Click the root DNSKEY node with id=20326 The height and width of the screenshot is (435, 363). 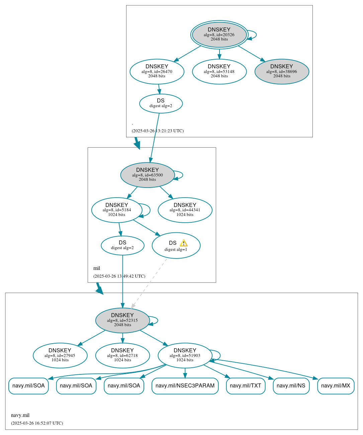point(219,34)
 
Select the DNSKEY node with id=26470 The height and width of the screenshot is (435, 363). point(157,71)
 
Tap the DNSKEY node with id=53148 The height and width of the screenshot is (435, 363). point(219,71)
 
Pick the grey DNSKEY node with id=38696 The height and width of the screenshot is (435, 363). point(282,71)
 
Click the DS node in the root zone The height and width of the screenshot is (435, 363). point(161,103)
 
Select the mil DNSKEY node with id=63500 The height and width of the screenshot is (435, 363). point(148,175)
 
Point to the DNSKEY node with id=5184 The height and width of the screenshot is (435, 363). point(117,210)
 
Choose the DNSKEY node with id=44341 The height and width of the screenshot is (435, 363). point(185,210)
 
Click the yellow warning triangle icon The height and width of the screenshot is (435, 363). point(183,243)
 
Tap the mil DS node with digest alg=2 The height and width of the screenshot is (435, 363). point(122,245)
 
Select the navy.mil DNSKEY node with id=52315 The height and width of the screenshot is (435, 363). point(122,320)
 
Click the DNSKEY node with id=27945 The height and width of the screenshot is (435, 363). point(60,355)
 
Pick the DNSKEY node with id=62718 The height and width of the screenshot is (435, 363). point(122,355)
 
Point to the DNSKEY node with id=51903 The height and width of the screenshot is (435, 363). point(185,355)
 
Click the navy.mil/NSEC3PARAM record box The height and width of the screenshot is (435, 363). point(185,386)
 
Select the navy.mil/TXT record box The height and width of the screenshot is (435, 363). point(246,386)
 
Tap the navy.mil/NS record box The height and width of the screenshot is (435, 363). point(291,386)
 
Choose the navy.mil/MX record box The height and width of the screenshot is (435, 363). point(336,386)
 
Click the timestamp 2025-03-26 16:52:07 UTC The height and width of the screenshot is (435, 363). point(37,423)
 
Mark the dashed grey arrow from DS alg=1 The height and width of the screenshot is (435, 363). point(149,283)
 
